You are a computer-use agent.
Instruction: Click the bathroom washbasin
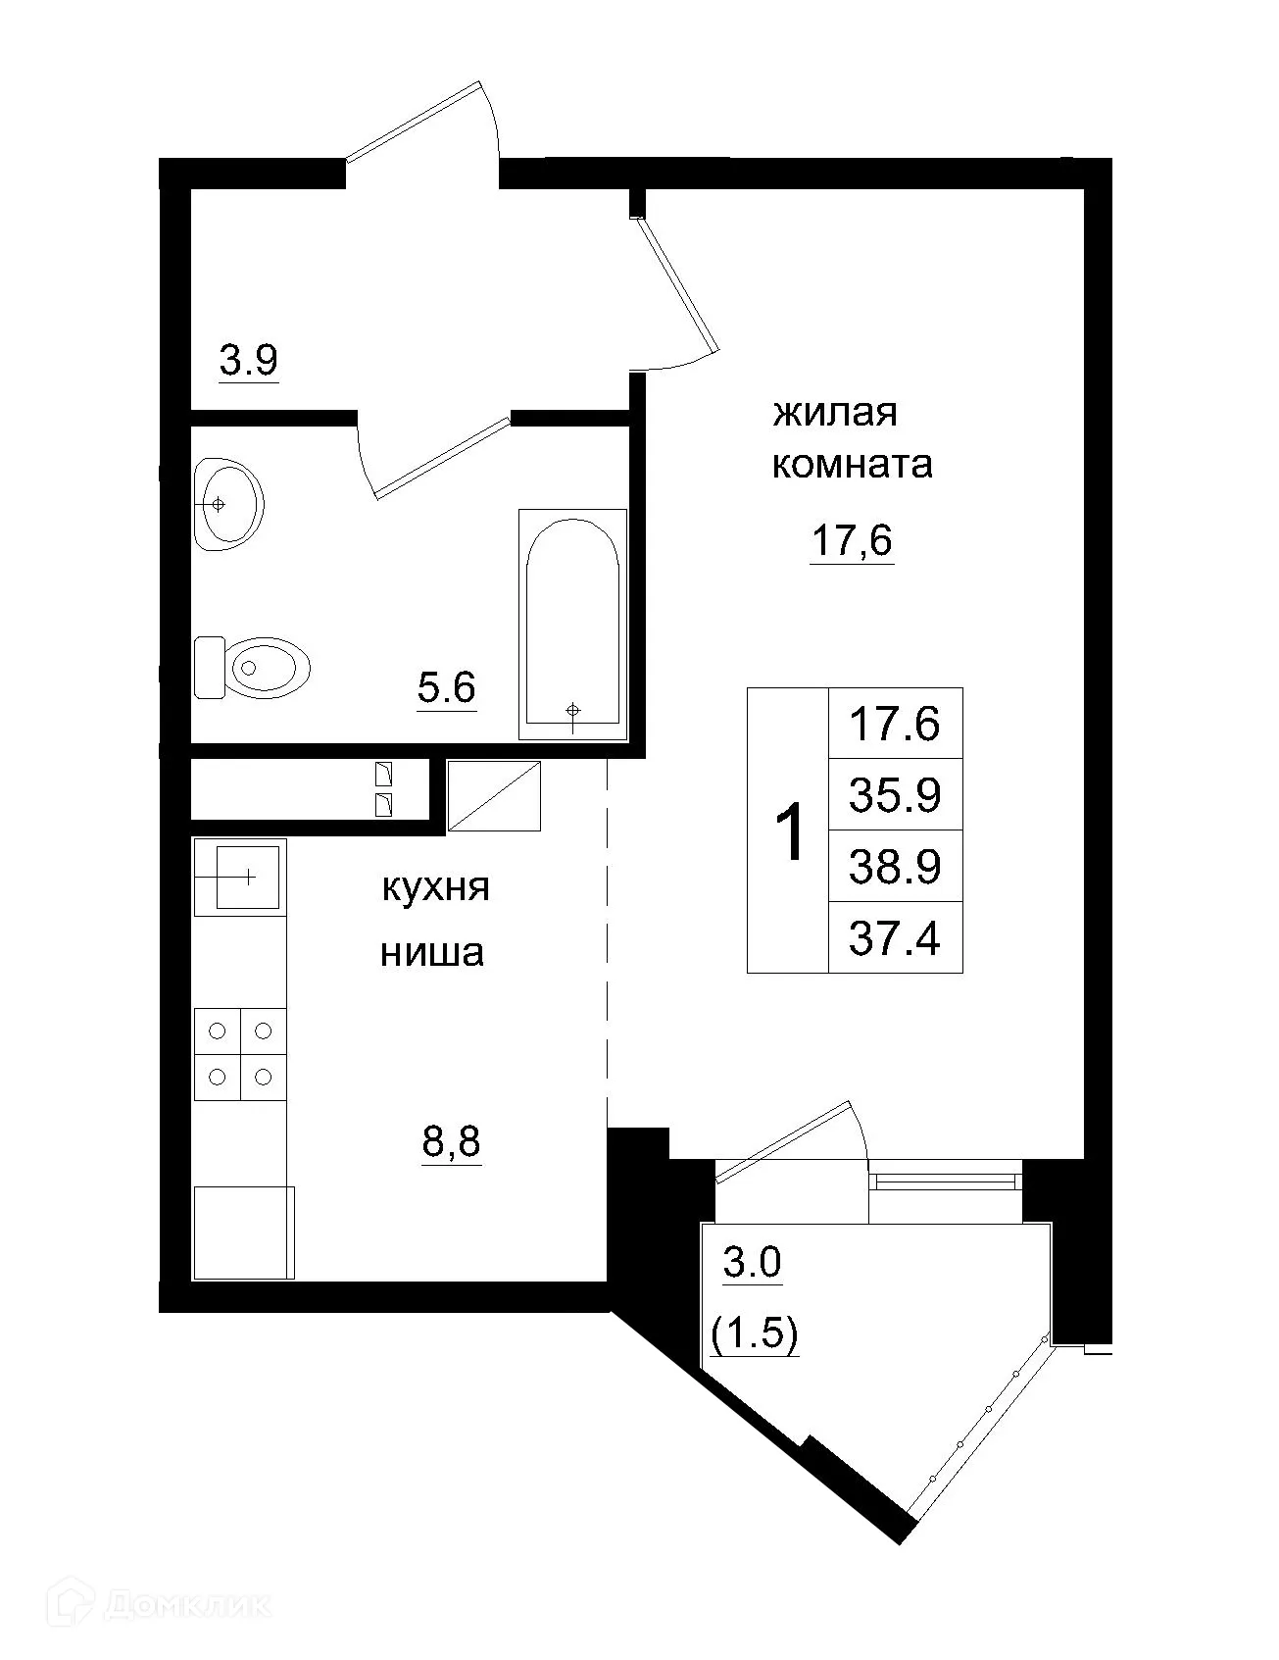pos(228,504)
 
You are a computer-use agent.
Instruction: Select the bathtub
pos(572,624)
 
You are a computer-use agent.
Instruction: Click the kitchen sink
pos(241,877)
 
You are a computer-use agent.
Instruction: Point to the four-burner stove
pos(240,1054)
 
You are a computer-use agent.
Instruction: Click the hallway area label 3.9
pos(249,362)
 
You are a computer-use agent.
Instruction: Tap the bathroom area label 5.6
pos(446,688)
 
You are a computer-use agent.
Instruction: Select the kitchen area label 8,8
pos(452,1142)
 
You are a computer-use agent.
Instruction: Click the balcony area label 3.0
pos(752,1263)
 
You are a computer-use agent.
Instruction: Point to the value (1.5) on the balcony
pos(754,1334)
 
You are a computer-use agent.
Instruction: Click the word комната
pos(852,464)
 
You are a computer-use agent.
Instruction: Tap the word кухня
pos(434,888)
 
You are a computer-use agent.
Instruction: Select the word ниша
pos(432,952)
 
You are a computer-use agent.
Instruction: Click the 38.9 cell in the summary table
pos(895,867)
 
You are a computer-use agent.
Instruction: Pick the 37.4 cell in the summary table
pos(895,938)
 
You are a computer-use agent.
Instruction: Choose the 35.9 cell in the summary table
pos(895,795)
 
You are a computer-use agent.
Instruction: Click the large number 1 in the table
pos(789,831)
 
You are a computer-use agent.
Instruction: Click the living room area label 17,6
pos(852,540)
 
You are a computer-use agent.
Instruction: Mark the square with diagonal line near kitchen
pos(495,796)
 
